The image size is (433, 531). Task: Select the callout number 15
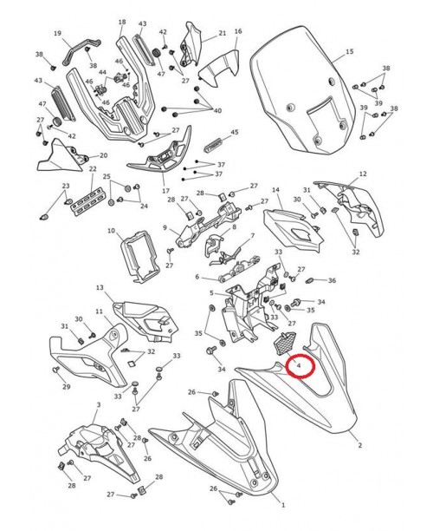pos(350,52)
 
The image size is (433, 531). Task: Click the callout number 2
pos(359,444)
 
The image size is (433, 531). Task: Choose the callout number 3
pos(99,404)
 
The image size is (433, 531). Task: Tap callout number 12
pos(363,174)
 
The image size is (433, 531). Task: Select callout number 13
pos(100,287)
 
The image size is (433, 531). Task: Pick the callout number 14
pos(276,189)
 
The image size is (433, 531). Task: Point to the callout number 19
pos(58,34)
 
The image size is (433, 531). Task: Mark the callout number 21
pos(222,34)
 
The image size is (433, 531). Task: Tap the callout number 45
pos(233,132)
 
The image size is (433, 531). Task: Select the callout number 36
pos(332,280)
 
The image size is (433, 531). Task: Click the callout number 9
pos(165,228)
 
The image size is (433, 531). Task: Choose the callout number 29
pos(66,386)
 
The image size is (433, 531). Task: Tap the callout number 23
pos(65,187)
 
